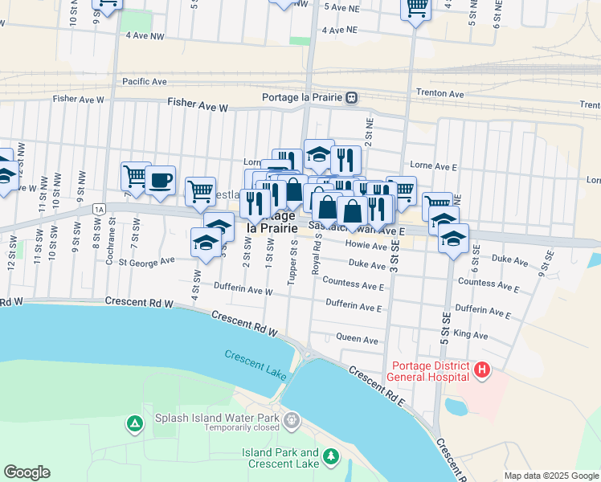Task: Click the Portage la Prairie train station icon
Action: pyautogui.click(x=351, y=98)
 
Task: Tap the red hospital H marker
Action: pyautogui.click(x=481, y=370)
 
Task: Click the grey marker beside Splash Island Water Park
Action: pyautogui.click(x=292, y=419)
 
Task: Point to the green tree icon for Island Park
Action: pyautogui.click(x=329, y=457)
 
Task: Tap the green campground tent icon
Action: pyautogui.click(x=134, y=422)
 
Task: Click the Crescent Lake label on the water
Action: pyautogui.click(x=255, y=361)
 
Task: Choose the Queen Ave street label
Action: pyautogui.click(x=359, y=341)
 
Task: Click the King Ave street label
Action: pyautogui.click(x=471, y=333)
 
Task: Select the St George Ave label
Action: pyautogui.click(x=146, y=261)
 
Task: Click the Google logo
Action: pyautogui.click(x=27, y=472)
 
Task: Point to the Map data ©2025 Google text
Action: pyautogui.click(x=550, y=476)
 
